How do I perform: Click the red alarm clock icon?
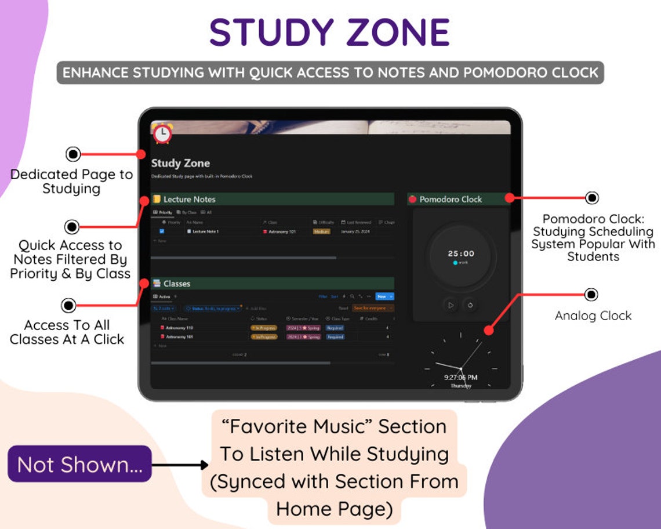(162, 133)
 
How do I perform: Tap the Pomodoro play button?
(451, 305)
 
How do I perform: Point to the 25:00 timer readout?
(461, 253)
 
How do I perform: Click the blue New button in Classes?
(382, 296)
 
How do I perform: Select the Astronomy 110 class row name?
(180, 328)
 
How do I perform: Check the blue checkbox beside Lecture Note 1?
(162, 231)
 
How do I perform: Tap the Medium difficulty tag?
(321, 231)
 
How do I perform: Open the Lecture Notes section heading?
(189, 199)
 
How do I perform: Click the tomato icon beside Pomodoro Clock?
(413, 199)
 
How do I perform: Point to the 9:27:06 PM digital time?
(461, 377)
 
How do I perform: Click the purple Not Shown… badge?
(79, 464)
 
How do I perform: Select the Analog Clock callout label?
(593, 316)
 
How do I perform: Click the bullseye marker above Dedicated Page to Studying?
(73, 154)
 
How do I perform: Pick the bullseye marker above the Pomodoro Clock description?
(591, 198)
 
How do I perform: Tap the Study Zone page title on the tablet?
(180, 163)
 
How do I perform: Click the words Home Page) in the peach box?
(335, 509)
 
